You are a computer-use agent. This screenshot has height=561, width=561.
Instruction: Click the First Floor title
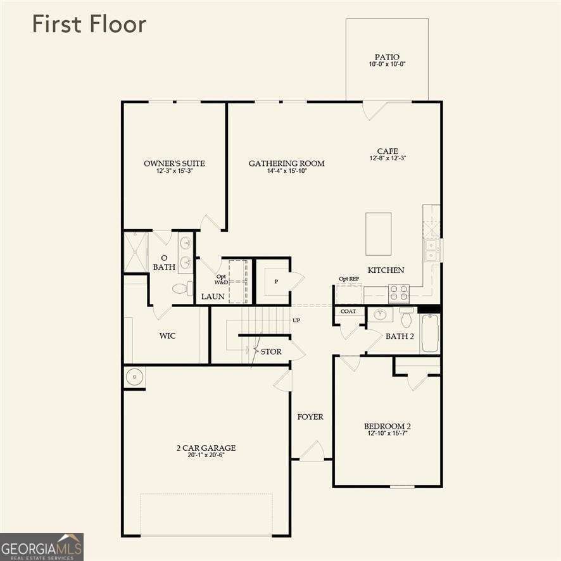89,24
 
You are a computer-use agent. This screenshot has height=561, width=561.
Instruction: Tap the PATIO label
387,57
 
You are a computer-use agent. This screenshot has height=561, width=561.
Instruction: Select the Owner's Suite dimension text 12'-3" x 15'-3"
174,171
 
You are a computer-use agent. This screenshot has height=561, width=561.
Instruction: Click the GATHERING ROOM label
286,163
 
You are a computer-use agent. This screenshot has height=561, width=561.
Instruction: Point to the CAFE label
388,151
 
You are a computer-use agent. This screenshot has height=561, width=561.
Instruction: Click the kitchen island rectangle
378,234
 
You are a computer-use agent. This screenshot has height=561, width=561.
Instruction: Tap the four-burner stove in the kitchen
398,293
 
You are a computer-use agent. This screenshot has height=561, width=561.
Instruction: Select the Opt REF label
349,279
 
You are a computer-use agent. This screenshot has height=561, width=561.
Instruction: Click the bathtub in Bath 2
430,333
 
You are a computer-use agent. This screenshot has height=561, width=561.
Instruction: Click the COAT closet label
348,311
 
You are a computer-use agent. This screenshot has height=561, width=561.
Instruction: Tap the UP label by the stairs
296,320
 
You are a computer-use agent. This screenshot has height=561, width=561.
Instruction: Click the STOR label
271,351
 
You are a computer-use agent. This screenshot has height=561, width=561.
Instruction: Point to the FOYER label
310,417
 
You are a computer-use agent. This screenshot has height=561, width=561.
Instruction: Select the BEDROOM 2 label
388,426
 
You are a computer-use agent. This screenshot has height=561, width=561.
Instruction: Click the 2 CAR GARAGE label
206,448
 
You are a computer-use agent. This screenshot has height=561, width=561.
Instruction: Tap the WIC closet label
167,336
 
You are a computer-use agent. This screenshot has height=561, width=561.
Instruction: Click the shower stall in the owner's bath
135,252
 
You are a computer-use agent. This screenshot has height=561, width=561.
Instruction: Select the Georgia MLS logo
42,546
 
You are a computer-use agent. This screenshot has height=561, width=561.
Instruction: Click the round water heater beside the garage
134,377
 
